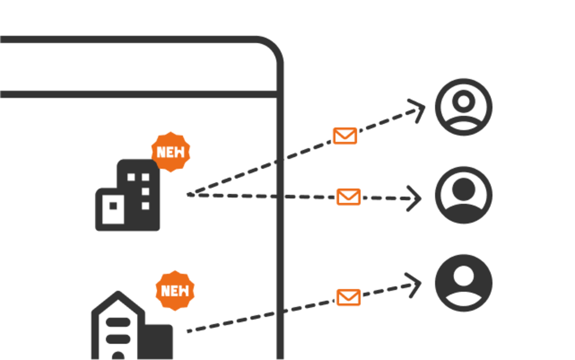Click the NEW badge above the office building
pyautogui.click(x=171, y=152)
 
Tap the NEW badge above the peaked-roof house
pyautogui.click(x=175, y=291)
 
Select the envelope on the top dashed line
pyautogui.click(x=345, y=136)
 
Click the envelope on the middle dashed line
pyautogui.click(x=348, y=197)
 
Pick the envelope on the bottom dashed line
pyautogui.click(x=348, y=297)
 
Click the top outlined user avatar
pyautogui.click(x=463, y=107)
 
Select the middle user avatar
pyautogui.click(x=463, y=195)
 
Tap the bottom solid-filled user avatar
pyautogui.click(x=463, y=283)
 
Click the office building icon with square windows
pyautogui.click(x=127, y=195)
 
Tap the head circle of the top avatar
pyautogui.click(x=463, y=101)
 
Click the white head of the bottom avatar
pyautogui.click(x=463, y=276)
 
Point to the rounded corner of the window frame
pyautogui.click(x=273, y=47)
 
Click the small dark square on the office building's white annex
pyautogui.click(x=113, y=206)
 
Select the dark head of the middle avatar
pyautogui.click(x=463, y=189)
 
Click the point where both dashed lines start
pyautogui.click(x=189, y=195)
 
